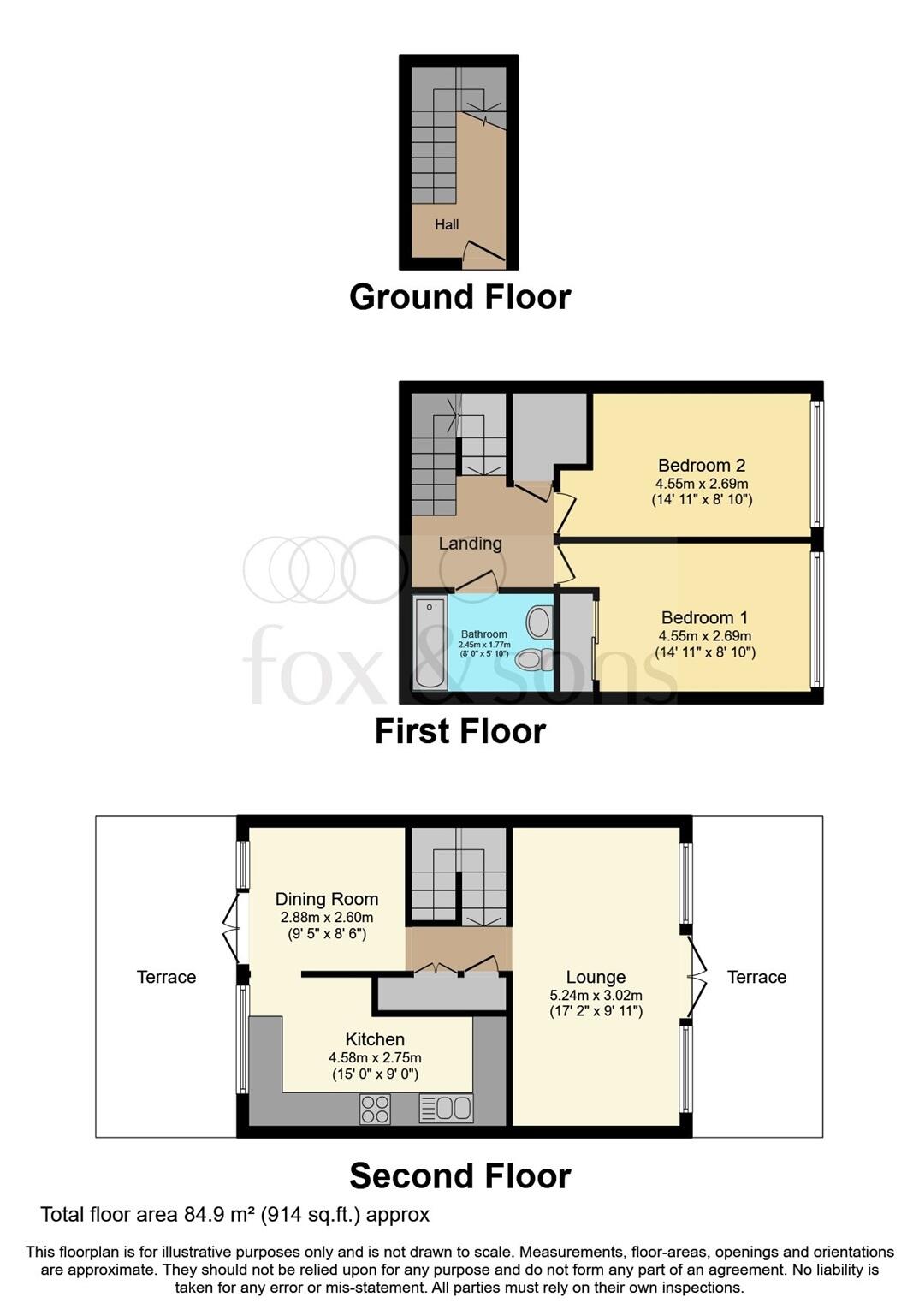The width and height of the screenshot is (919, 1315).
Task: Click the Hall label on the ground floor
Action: point(447,224)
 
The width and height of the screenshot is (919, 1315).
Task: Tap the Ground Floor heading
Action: point(459,297)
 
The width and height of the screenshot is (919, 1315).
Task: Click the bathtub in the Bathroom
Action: point(429,642)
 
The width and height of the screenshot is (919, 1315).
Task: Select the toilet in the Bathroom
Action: point(534,659)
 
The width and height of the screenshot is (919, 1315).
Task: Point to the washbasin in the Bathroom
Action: point(540,622)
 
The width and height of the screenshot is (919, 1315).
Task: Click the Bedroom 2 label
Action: point(702,466)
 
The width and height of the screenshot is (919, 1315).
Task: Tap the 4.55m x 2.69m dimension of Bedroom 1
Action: point(705,636)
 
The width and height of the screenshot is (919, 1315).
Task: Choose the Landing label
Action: point(470,544)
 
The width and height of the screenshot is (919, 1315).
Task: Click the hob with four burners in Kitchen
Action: point(376,1109)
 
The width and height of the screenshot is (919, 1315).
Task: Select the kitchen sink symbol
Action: point(446,1109)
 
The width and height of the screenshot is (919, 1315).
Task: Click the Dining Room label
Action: point(326,899)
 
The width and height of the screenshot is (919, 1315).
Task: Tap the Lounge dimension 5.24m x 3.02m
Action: point(596,995)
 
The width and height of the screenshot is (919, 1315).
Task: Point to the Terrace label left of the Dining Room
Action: point(166,977)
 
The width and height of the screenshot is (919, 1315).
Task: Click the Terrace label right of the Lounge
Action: point(756,977)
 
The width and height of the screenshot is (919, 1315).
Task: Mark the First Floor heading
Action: point(459,731)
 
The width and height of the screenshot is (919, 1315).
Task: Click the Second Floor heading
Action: point(459,1176)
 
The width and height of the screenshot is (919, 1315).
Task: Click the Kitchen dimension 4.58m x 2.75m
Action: point(375,1058)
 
